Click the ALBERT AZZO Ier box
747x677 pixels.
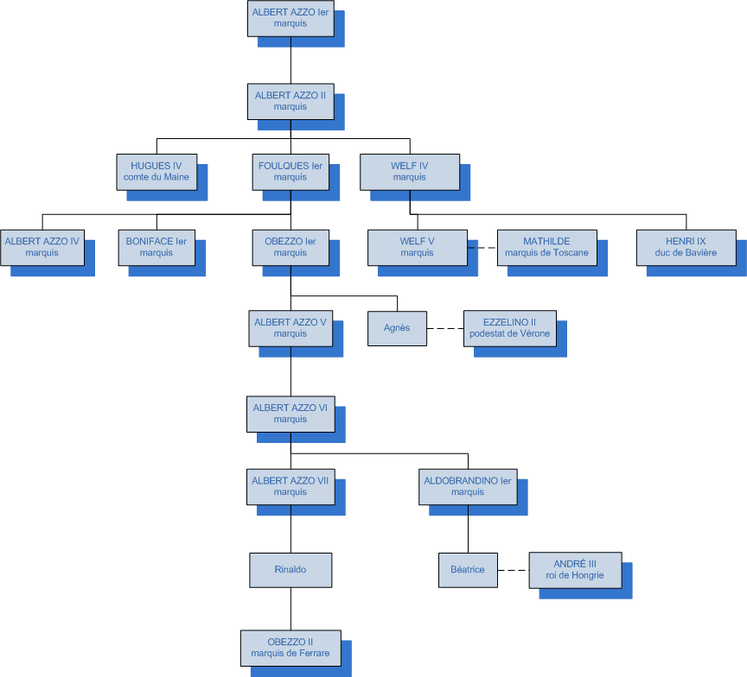click(290, 18)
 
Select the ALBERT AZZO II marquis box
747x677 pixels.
click(290, 101)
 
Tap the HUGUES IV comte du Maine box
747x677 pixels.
click(156, 171)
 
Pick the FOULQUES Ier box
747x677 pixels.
click(290, 171)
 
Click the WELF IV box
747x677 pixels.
click(410, 171)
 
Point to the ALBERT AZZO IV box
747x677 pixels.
click(42, 247)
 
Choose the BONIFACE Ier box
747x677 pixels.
click(156, 247)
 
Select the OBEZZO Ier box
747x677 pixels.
click(290, 247)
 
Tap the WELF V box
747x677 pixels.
click(417, 247)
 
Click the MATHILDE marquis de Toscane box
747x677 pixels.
click(546, 247)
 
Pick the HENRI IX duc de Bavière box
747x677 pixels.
click(686, 247)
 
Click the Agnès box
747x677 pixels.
click(397, 328)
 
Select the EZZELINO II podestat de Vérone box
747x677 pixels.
click(510, 328)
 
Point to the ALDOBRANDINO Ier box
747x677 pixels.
click(468, 486)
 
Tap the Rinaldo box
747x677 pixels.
click(290, 570)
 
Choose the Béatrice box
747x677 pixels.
click(468, 570)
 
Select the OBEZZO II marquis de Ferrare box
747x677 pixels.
click(290, 647)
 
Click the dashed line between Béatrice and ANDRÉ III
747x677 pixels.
click(514, 570)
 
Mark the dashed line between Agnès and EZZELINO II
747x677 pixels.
click(445, 328)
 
